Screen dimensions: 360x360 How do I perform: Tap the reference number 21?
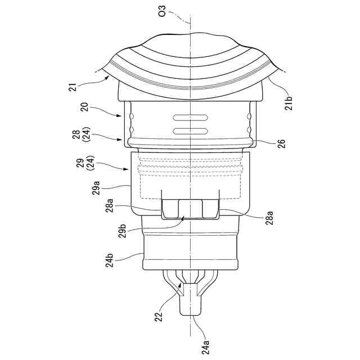coord(73,88)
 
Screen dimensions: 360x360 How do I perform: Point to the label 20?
coord(85,107)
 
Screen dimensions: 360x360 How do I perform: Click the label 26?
coord(282,143)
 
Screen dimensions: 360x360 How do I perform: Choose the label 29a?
coord(96,188)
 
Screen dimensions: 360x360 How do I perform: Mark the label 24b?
coord(110,260)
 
